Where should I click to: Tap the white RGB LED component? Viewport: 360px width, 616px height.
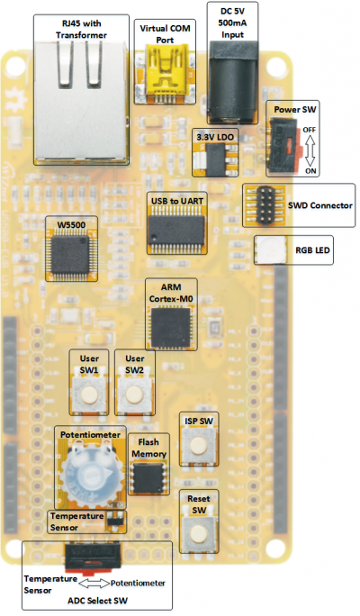pos(268,251)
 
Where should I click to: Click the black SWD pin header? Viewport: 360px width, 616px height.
pos(263,204)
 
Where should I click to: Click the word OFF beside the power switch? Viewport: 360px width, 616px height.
pos(310,129)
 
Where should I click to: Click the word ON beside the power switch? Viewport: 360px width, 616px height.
pos(310,170)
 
